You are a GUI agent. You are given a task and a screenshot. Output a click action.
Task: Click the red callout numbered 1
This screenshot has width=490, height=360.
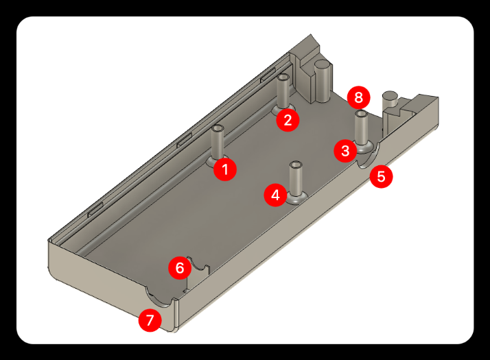point(225,169)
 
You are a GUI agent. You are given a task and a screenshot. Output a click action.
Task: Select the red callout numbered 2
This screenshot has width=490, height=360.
point(288,120)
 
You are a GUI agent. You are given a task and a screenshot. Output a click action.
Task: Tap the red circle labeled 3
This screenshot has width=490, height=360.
point(345,151)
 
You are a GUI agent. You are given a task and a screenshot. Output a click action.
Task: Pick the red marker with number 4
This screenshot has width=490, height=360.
point(275,195)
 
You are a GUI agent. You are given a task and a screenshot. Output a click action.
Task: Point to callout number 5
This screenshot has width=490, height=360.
point(382,176)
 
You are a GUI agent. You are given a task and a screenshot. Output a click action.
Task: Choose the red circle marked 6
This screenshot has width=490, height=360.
point(180,267)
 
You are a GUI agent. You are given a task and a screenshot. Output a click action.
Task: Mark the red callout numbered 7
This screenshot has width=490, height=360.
point(150,320)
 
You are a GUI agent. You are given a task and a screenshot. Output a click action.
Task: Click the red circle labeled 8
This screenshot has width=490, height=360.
point(358,98)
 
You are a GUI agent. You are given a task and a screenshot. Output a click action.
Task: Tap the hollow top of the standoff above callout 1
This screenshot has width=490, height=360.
point(218,128)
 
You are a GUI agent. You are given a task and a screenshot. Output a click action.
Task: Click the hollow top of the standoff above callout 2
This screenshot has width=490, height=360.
point(283,77)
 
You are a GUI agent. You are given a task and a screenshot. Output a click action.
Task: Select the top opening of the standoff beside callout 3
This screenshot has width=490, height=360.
point(362,113)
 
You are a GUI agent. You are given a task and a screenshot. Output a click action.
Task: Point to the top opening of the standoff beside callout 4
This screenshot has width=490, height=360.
point(296,165)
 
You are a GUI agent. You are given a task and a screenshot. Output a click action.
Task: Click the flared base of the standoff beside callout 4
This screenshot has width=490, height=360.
point(297,198)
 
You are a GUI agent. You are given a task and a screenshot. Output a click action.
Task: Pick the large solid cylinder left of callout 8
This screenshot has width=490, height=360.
point(323,80)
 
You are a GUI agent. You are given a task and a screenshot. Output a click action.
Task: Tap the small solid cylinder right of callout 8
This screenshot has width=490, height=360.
point(390,101)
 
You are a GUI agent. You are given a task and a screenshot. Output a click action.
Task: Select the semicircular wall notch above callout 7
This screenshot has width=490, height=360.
point(159,298)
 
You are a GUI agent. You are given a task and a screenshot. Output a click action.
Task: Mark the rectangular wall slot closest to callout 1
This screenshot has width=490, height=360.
point(185,141)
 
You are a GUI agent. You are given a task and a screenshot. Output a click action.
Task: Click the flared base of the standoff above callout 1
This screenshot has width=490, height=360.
point(217,160)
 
